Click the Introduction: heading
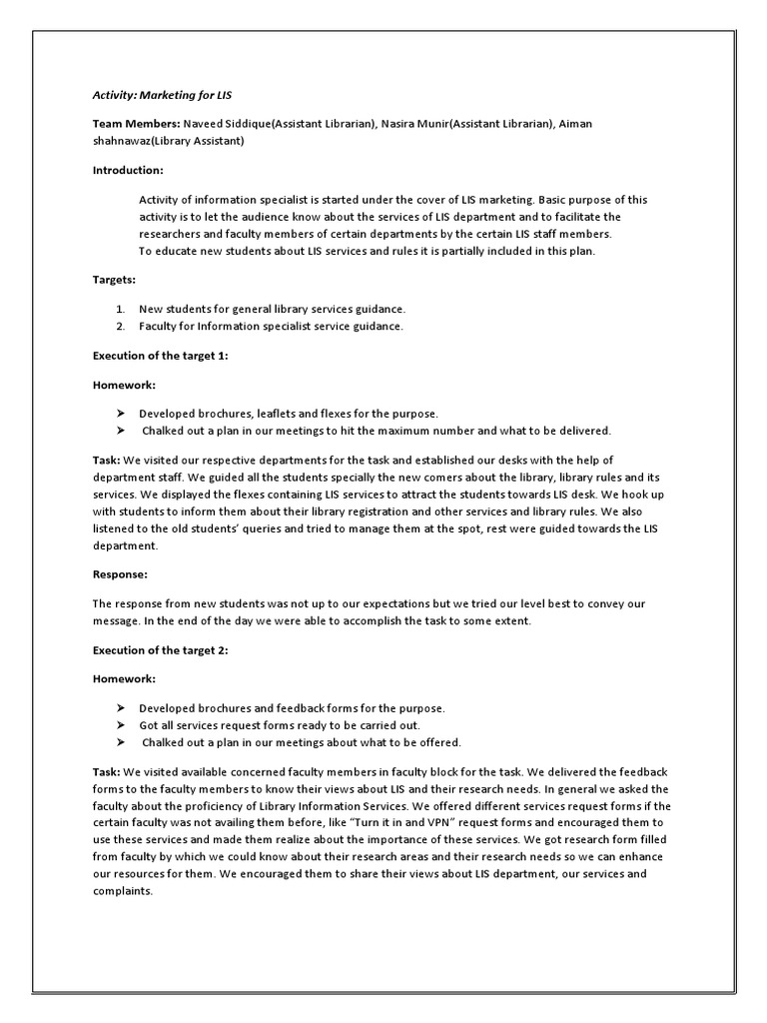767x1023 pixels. [x=128, y=170]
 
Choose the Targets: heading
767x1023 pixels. [x=115, y=281]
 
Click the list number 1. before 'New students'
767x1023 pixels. [x=121, y=309]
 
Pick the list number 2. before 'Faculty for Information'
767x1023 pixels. [x=121, y=327]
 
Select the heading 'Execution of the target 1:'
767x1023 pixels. [x=161, y=356]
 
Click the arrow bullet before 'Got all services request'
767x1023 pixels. [x=121, y=725]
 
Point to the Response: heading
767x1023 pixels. [x=120, y=574]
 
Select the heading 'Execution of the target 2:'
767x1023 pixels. [x=161, y=650]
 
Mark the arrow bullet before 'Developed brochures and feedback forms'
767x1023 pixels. [x=121, y=707]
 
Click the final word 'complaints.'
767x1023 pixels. [x=123, y=892]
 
